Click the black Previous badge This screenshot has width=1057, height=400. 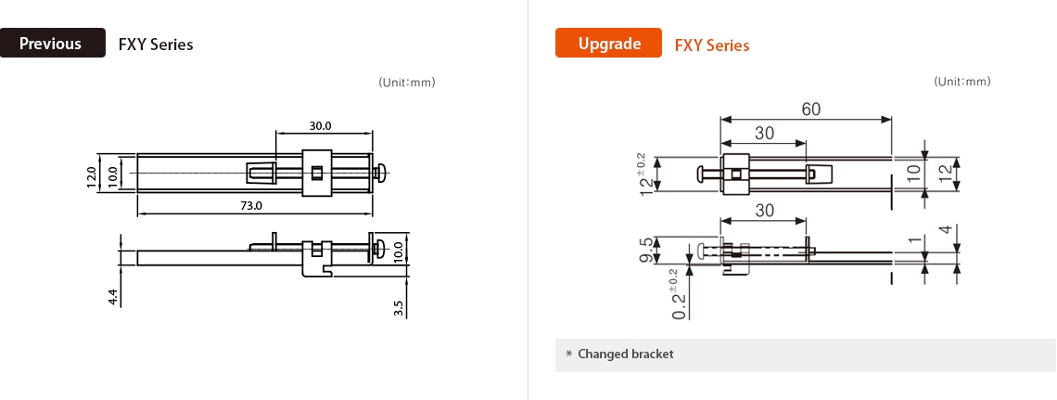52,44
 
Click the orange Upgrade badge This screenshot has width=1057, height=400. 608,44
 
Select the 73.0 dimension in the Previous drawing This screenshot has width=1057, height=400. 252,206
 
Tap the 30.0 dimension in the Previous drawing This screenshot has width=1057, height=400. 321,126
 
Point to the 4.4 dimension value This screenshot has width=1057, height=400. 113,297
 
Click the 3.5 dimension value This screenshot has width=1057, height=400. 399,307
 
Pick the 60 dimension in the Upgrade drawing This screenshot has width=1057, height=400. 810,110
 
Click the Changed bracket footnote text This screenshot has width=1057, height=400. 625,355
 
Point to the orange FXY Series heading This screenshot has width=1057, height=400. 712,45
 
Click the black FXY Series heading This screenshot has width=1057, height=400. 156,45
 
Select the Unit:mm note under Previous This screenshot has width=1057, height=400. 407,83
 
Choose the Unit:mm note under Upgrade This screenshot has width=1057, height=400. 962,82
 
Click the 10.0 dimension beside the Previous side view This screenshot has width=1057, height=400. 399,251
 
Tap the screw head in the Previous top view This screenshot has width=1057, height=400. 380,172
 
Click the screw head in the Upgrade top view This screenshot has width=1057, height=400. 702,174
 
